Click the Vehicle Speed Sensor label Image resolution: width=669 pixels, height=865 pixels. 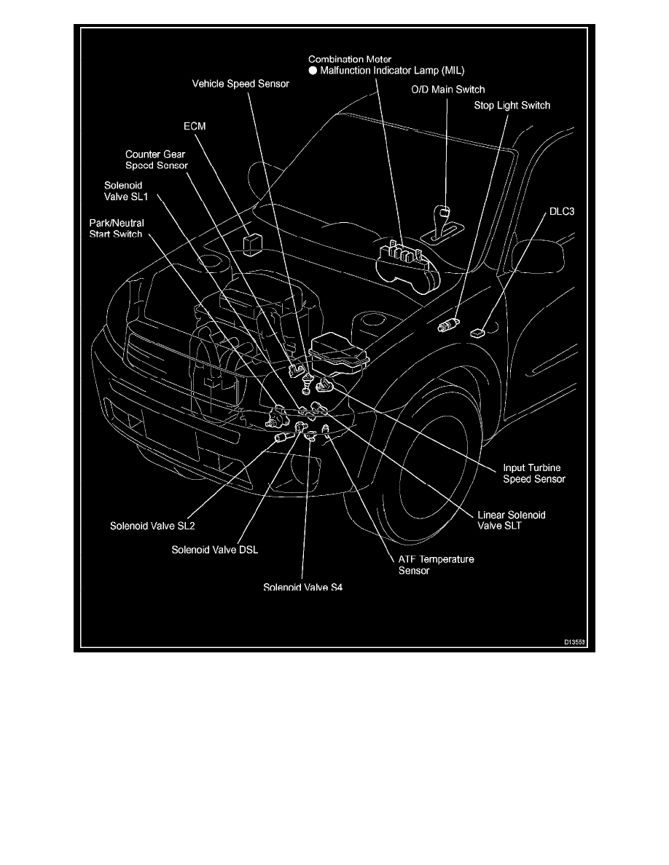coord(240,84)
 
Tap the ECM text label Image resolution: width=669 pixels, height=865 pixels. coord(195,126)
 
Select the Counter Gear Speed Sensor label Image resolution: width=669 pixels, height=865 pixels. coord(156,160)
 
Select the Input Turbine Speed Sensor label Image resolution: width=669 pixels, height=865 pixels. coord(534,473)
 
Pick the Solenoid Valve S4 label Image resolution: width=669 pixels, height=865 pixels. coord(302,587)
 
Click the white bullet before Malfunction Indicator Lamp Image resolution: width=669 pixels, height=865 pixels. coord(313,71)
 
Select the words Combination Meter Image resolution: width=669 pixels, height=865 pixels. coord(349,58)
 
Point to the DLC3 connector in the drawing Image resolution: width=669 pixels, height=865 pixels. coord(477,333)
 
